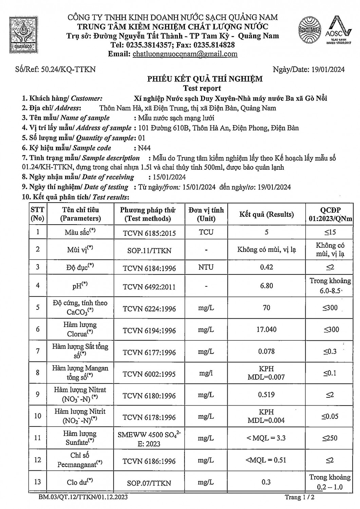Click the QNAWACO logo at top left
pos(23,33)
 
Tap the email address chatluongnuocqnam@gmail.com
pos(185,54)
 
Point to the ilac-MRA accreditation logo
pos(309,31)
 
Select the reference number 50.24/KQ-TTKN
pos(68,70)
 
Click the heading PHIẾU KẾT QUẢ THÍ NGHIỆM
pos(205,79)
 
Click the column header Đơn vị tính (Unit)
pos(206,214)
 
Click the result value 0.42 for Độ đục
pos(266,267)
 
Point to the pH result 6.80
pos(266,286)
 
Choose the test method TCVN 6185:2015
pos(149,233)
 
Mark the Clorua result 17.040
pos(266,329)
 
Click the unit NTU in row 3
pos(206,267)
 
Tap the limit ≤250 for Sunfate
pos(330,438)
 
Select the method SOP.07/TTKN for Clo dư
pos(149,483)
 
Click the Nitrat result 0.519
pos(266,395)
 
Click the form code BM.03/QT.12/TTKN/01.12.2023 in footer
pos(83,497)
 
